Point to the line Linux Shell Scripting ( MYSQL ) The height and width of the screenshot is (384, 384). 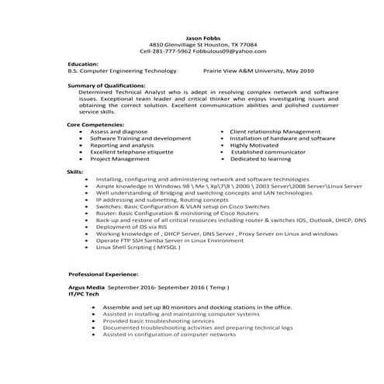pyautogui.click(x=143, y=246)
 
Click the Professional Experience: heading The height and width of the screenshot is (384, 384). pyautogui.click(x=104, y=275)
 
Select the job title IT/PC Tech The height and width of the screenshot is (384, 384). pyautogui.click(x=85, y=293)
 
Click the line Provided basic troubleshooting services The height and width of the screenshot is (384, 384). pyautogui.click(x=158, y=320)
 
